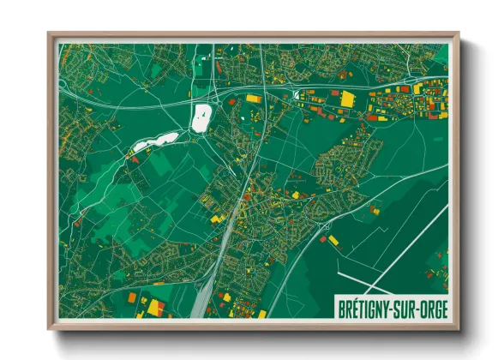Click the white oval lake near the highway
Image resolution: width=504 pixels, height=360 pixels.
(201, 117)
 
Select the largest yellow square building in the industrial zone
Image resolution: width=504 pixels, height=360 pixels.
(347, 99)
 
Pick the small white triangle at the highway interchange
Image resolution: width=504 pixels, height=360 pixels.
(297, 95)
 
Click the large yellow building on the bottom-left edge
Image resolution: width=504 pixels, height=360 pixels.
(155, 307)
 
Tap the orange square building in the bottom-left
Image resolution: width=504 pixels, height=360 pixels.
(133, 298)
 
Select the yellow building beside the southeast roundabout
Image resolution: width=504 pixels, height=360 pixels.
(333, 240)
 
